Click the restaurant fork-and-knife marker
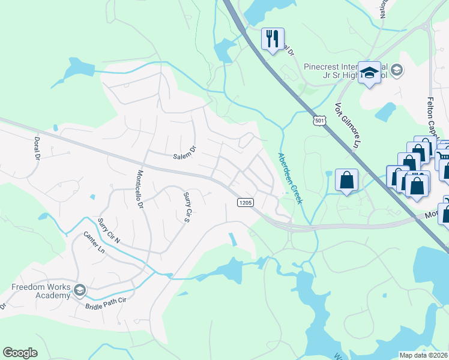273,39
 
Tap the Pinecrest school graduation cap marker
370,72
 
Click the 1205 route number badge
244,203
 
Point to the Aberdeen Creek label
291,178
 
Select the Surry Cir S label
187,204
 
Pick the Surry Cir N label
109,231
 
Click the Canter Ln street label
94,242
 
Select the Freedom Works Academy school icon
79,292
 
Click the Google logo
20,353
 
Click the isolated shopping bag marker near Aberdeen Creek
346,180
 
